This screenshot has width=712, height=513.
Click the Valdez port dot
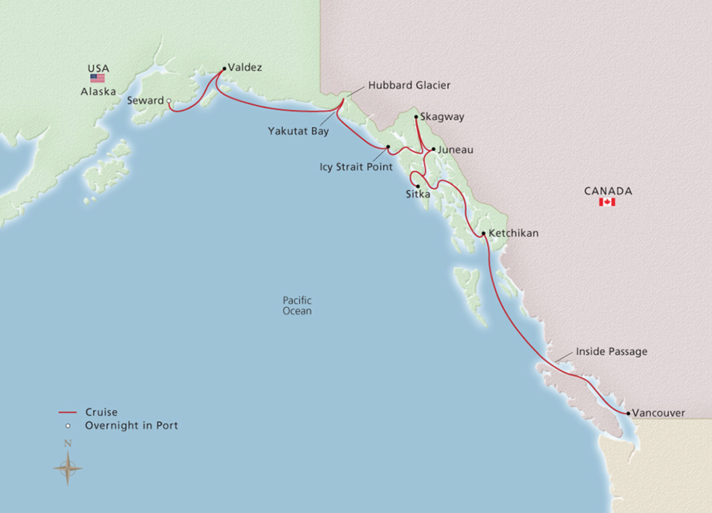coord(225,69)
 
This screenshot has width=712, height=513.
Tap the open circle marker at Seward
coord(169,101)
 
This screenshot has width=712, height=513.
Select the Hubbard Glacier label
coord(409,85)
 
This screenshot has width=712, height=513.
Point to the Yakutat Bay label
coord(298,131)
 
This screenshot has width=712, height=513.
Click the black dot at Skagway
coord(416,117)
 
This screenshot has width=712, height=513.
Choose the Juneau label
coord(455,150)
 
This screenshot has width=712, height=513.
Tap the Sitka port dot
coord(418,186)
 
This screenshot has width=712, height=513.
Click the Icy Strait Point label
coord(356,167)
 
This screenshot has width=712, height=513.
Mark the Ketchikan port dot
coord(484,233)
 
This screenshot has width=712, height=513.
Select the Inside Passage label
coord(611,352)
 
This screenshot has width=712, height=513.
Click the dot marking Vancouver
coord(628,414)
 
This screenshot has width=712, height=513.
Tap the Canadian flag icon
coord(607,202)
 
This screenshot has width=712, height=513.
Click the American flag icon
coord(97,78)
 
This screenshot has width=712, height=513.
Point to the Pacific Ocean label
coord(297,306)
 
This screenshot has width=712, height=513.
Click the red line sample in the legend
coord(67,412)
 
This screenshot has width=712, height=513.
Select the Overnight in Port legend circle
coord(68,426)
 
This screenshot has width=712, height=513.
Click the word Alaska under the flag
coord(98,92)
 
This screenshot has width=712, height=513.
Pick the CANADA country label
coord(608,191)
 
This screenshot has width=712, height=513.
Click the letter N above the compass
coord(67,444)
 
